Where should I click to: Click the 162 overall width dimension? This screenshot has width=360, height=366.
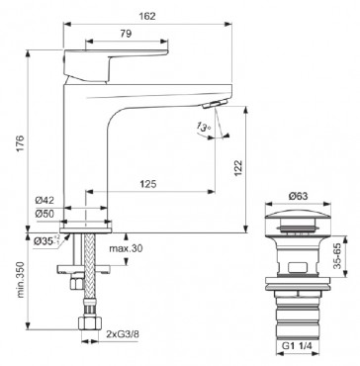(x=147, y=16)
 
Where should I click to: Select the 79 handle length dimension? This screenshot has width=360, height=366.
(x=126, y=34)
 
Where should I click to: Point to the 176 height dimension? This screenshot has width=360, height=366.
(x=20, y=142)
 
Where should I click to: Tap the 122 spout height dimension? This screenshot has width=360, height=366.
(x=238, y=168)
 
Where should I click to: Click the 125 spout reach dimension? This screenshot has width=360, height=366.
(x=147, y=184)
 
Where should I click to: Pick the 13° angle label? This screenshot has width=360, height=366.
(x=203, y=127)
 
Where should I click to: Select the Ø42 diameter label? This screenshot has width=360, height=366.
(x=45, y=201)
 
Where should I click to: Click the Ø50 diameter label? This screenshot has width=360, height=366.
(x=45, y=214)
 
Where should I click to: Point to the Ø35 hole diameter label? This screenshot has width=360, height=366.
(x=46, y=241)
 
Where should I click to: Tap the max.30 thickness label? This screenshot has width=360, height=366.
(x=126, y=248)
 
